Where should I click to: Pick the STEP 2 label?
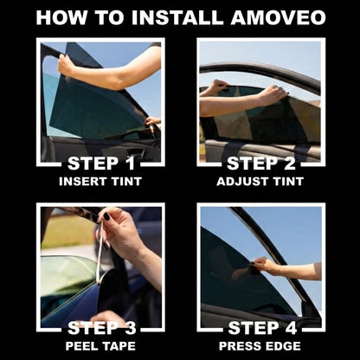tap(260, 162)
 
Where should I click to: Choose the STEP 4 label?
tap(260, 328)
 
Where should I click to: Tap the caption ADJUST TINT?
tap(260, 182)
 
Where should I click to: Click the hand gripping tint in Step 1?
tap(67, 65)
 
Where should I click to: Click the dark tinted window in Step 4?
tap(229, 277)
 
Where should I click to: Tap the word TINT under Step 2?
tap(285, 182)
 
